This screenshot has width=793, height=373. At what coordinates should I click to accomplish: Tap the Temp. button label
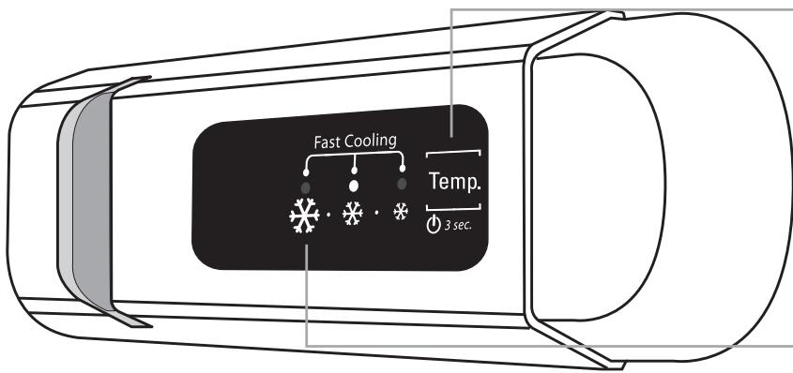click(452, 180)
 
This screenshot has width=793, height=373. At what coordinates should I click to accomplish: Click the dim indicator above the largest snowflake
click(306, 187)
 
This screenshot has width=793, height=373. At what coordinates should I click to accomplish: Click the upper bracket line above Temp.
click(453, 150)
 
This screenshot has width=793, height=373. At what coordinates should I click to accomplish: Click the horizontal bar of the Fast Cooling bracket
click(355, 157)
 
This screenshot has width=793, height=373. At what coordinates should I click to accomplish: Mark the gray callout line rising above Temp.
click(453, 75)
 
